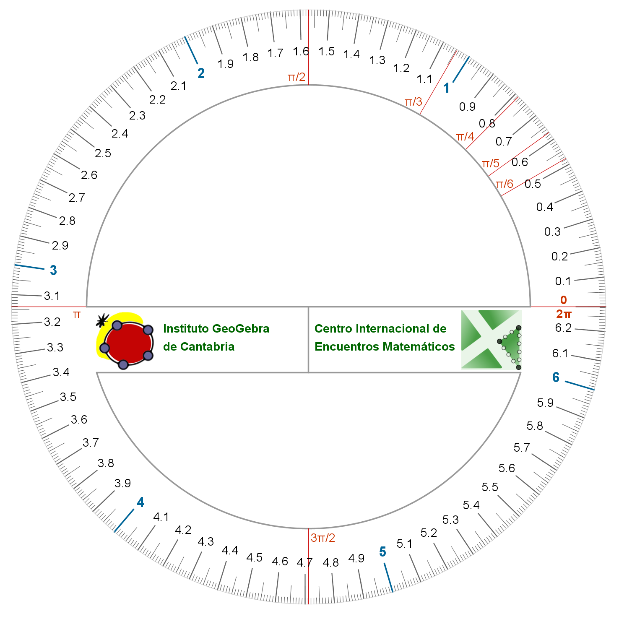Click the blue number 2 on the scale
point(201,73)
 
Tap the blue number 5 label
point(382,552)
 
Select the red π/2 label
point(296,77)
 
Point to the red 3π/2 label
point(323,538)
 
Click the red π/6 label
point(505,184)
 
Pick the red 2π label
point(564,314)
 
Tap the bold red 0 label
point(564,300)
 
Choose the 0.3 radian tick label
point(552,232)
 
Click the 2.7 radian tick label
point(77,198)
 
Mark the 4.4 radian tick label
point(230,550)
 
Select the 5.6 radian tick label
point(507,468)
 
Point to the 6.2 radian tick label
point(563,328)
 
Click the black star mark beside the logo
point(101,320)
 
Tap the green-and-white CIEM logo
point(492,340)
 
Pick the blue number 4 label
point(140,502)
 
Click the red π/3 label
point(413,102)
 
